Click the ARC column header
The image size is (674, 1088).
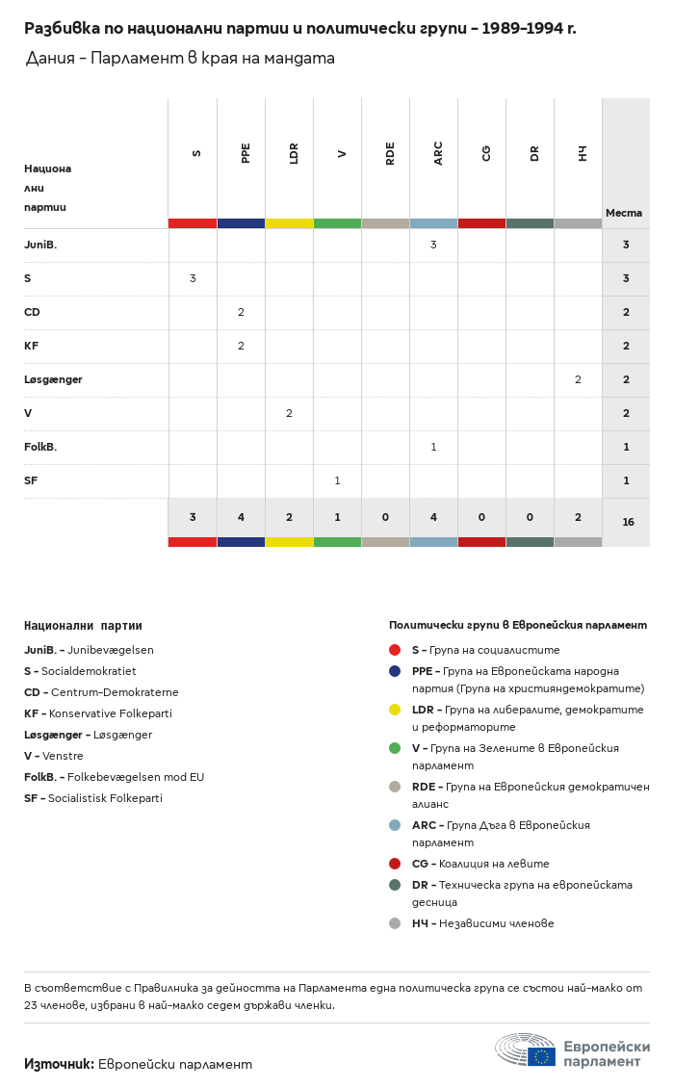(438, 153)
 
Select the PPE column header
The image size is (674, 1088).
(246, 153)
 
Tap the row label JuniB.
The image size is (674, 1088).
(40, 245)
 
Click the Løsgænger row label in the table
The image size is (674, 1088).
(53, 379)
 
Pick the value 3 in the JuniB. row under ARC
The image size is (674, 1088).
(433, 245)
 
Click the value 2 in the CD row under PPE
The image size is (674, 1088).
(241, 312)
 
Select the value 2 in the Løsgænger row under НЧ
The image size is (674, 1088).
(578, 379)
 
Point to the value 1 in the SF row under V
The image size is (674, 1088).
(337, 480)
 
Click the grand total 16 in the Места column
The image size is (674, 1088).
(628, 522)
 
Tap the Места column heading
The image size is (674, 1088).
(624, 213)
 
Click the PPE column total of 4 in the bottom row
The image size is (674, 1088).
(241, 517)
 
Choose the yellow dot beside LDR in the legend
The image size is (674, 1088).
(395, 710)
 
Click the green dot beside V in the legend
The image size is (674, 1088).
(395, 748)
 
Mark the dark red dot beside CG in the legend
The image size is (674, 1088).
(395, 864)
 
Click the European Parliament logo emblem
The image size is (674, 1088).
(526, 1049)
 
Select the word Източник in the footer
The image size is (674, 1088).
(59, 1064)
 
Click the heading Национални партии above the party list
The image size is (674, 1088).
(83, 626)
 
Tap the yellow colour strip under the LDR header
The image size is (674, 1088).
(289, 223)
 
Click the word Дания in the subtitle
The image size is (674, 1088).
(50, 58)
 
